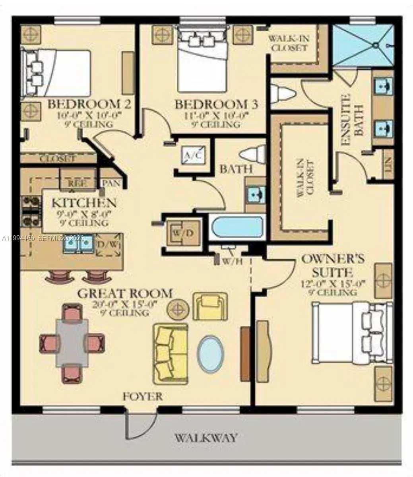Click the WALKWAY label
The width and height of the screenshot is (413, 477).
[x=206, y=438]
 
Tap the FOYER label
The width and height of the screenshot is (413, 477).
[x=142, y=396]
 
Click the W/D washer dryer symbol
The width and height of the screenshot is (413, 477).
[x=182, y=233]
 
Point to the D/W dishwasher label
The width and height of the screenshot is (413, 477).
[x=108, y=243]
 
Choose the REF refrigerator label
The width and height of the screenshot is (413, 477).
[x=78, y=183]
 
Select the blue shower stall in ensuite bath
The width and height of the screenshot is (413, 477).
[x=362, y=45]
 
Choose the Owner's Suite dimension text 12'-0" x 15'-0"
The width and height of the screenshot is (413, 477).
[x=333, y=283]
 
